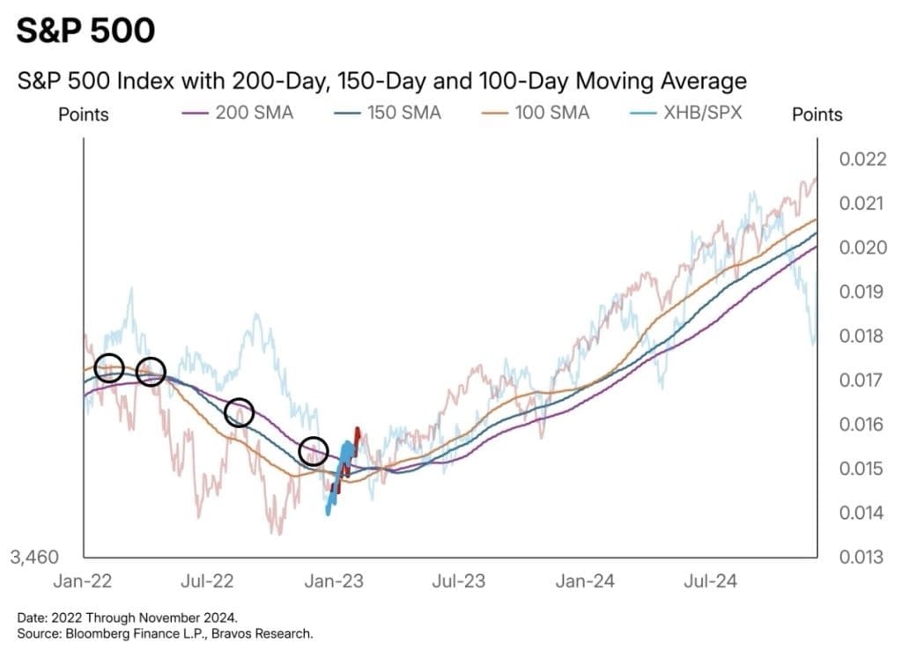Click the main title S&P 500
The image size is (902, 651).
[x=85, y=31]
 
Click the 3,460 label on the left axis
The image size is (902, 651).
[x=34, y=557]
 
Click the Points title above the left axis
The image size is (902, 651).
[x=84, y=115]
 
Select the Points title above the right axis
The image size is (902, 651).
[x=817, y=115]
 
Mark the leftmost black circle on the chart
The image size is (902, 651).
[x=109, y=367]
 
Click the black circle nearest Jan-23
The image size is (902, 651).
[x=314, y=452]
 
